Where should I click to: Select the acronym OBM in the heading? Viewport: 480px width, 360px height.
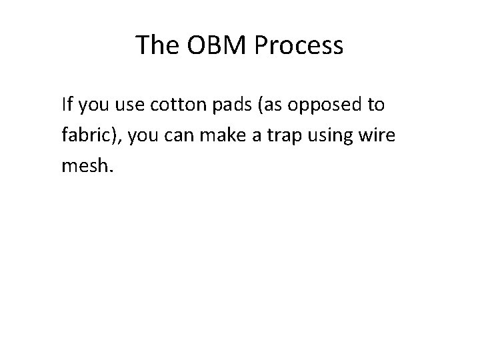point(214,45)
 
